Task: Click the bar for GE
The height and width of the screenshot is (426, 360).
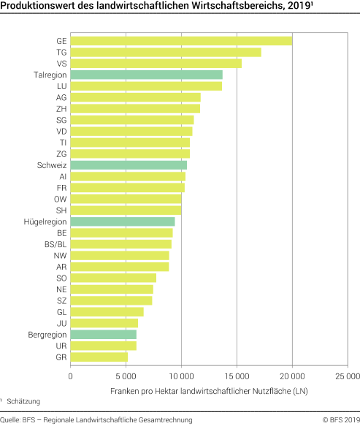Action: tap(181, 41)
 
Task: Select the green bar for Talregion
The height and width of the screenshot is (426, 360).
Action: tap(146, 75)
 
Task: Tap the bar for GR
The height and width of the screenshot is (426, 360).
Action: tap(99, 357)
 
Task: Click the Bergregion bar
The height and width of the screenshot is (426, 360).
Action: tap(103, 334)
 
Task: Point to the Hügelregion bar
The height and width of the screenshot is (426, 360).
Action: tap(123, 221)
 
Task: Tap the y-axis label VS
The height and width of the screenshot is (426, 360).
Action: tap(61, 64)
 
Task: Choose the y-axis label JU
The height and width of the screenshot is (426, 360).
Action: tap(61, 323)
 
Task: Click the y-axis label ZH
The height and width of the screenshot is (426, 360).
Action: tap(61, 109)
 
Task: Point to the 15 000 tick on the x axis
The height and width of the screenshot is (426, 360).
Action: tap(237, 377)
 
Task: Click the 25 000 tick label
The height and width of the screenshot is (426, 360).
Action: tap(347, 377)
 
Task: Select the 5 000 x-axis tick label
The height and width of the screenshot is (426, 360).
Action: tap(126, 377)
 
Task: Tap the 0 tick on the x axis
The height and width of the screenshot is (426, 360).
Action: tap(71, 377)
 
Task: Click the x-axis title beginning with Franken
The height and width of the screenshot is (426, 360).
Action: tap(209, 392)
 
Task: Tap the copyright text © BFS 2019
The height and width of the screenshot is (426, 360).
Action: tap(341, 419)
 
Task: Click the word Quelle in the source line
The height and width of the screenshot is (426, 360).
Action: tap(9, 419)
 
